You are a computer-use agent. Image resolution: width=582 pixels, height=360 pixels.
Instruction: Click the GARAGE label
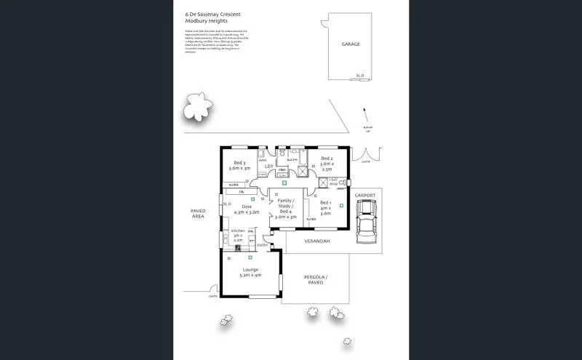tap(351, 44)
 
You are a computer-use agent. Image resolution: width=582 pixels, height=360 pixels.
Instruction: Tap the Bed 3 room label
tap(239, 165)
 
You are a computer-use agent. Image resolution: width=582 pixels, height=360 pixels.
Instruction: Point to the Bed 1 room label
tap(325, 208)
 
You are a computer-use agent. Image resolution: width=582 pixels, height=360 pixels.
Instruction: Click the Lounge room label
tap(249, 272)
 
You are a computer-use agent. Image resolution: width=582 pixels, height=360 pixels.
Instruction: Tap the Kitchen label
tap(238, 235)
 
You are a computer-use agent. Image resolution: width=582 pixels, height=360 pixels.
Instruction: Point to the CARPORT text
tap(365, 195)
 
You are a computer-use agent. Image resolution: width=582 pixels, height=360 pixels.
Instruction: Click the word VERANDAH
tap(317, 241)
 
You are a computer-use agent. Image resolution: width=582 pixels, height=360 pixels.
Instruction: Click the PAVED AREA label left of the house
tap(199, 213)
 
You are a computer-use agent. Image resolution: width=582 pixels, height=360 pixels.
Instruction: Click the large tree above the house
tap(196, 110)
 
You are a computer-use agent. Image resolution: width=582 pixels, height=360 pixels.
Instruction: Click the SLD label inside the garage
tap(359, 75)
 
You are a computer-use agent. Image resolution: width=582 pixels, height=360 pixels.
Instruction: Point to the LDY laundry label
tap(268, 167)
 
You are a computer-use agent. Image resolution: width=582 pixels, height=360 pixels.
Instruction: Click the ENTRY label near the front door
tap(261, 245)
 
